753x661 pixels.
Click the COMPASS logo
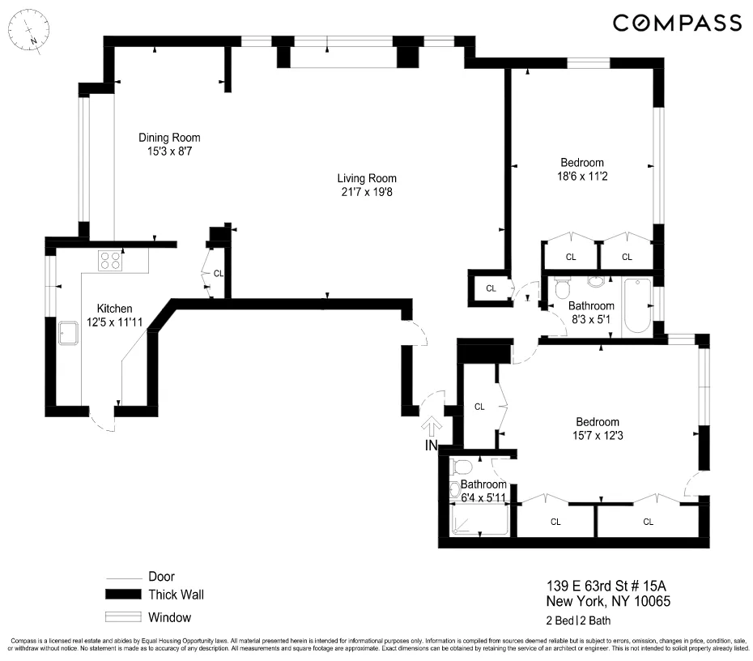tap(677, 23)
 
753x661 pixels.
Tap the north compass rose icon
tap(29, 30)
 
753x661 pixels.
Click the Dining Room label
tap(169, 138)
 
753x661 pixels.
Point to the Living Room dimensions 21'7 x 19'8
tap(367, 192)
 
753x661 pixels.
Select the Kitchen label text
tap(114, 309)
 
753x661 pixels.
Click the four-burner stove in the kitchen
tap(110, 261)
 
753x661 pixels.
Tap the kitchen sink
tap(68, 333)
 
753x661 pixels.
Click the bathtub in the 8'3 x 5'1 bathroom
tap(636, 305)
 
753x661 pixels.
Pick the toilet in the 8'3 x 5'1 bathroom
tap(562, 288)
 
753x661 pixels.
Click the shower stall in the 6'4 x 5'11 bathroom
tap(480, 519)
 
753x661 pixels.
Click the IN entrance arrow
tap(432, 425)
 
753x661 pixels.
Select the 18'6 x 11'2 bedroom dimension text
tap(582, 177)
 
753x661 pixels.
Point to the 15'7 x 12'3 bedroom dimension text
tap(598, 436)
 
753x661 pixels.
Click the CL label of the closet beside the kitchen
tap(219, 273)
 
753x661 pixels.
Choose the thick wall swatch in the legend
tap(123, 595)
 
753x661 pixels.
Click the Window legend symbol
tap(123, 616)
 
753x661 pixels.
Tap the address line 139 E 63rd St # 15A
tap(606, 586)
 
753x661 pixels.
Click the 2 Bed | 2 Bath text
tap(578, 620)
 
